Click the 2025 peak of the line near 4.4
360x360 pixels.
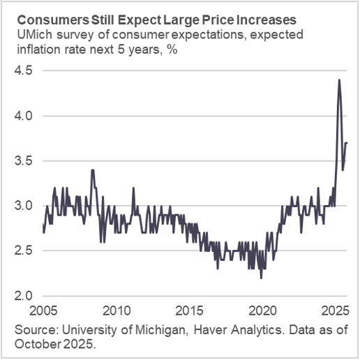click(339, 80)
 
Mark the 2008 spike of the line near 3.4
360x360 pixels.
click(92, 170)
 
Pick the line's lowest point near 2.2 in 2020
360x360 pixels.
click(261, 278)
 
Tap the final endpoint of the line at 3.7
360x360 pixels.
click(347, 142)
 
